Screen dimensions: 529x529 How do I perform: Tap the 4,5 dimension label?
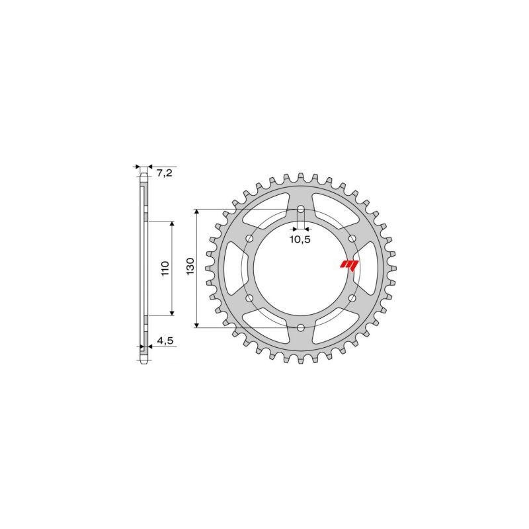[164, 342]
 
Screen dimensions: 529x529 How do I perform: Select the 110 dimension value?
[165, 268]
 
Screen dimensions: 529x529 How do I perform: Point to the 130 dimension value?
[190, 267]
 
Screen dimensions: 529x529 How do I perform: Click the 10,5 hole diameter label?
[300, 239]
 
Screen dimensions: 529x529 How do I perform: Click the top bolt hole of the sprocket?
[301, 210]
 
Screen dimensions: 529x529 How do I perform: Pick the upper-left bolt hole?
[249, 239]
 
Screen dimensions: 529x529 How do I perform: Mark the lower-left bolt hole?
[249, 298]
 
